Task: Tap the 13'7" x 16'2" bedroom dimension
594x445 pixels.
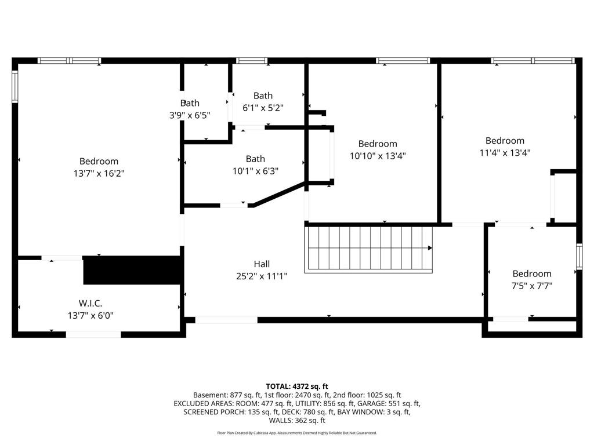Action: point(99,173)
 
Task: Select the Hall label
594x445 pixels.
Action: point(262,264)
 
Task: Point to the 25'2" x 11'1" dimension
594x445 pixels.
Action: point(262,276)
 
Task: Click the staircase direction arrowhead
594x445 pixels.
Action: point(430,248)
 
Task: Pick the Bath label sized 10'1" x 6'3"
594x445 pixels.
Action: point(255,159)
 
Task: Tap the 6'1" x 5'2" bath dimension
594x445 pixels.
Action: point(263,108)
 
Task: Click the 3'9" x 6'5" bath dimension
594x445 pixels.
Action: point(190,115)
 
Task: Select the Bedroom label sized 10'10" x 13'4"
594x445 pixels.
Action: point(378,144)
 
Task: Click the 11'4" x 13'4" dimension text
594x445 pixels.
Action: point(505,153)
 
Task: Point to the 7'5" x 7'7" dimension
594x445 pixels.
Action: point(532,285)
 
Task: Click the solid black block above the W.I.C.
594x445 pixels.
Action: point(133,270)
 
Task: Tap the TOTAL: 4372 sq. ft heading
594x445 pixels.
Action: point(297,386)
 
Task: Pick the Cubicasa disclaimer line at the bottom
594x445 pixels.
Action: point(297,433)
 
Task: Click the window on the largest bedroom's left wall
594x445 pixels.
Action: point(15,87)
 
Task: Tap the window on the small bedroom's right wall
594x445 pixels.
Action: point(579,257)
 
